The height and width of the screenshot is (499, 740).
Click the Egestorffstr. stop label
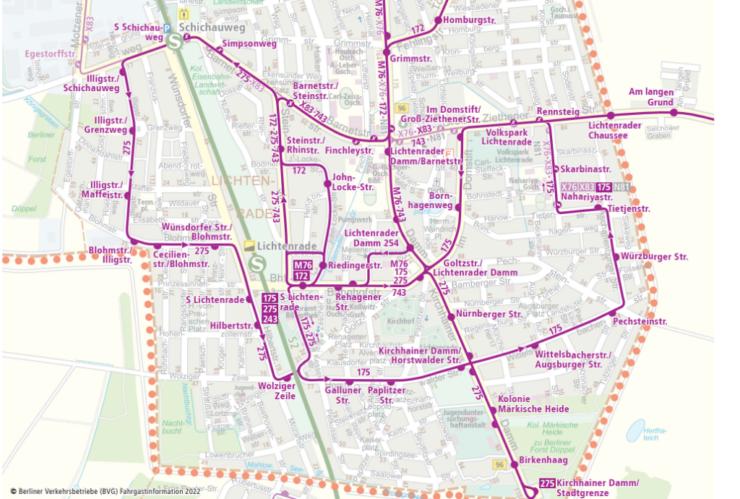(51, 54)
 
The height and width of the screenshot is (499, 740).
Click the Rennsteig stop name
(558, 111)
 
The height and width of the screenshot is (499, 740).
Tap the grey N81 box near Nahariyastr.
(621, 187)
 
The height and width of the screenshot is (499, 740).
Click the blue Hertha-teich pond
(634, 432)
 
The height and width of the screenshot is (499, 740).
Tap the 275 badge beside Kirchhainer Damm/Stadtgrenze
(547, 484)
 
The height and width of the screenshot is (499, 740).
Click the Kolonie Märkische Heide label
(533, 404)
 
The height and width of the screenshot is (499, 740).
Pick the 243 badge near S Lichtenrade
(270, 319)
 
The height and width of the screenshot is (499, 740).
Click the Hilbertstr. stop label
(231, 325)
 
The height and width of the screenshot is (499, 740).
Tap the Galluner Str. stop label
(337, 396)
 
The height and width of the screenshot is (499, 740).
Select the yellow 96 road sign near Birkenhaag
(499, 464)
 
